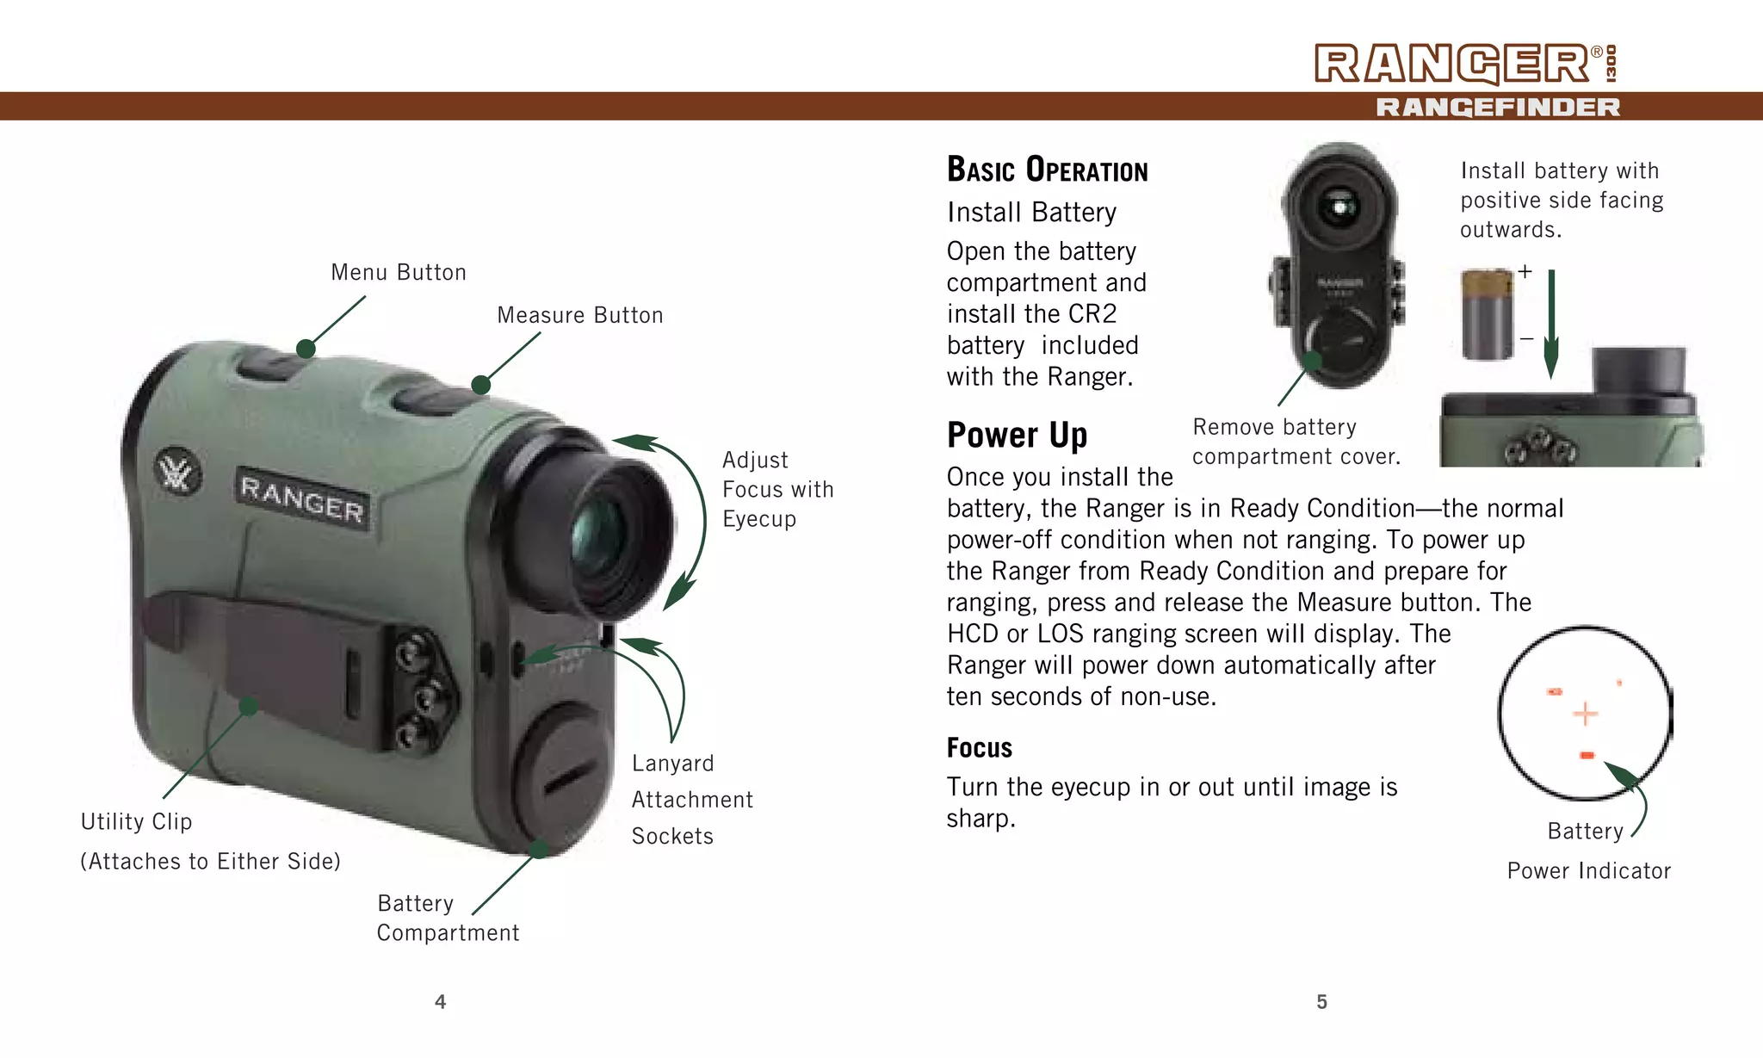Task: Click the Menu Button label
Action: click(x=399, y=273)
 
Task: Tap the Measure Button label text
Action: click(x=580, y=316)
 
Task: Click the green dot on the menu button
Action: click(x=306, y=349)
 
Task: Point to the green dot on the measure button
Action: click(x=481, y=385)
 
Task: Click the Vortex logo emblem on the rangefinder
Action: click(x=177, y=473)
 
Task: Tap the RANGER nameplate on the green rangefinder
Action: click(x=302, y=498)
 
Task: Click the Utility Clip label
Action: click(x=136, y=822)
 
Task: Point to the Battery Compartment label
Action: click(x=448, y=919)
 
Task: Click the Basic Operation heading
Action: click(x=1047, y=170)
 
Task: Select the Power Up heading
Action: click(x=1017, y=436)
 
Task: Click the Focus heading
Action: click(x=979, y=748)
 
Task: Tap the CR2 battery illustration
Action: click(x=1488, y=314)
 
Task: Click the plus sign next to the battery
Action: click(x=1525, y=272)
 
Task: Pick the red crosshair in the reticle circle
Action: click(x=1585, y=714)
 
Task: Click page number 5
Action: click(x=1321, y=1002)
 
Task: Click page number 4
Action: click(x=440, y=1002)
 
